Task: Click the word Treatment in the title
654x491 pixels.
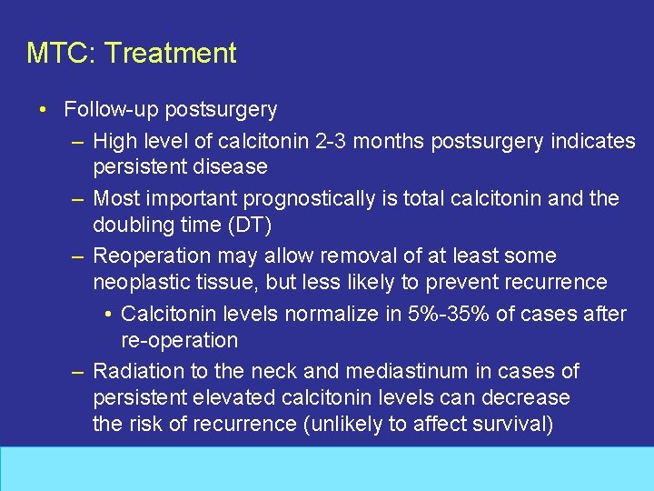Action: (170, 53)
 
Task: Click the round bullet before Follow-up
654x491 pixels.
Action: (44, 110)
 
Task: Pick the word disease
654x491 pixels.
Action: (232, 167)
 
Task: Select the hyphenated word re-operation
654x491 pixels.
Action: (179, 341)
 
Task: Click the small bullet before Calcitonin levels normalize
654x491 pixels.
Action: (107, 314)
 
